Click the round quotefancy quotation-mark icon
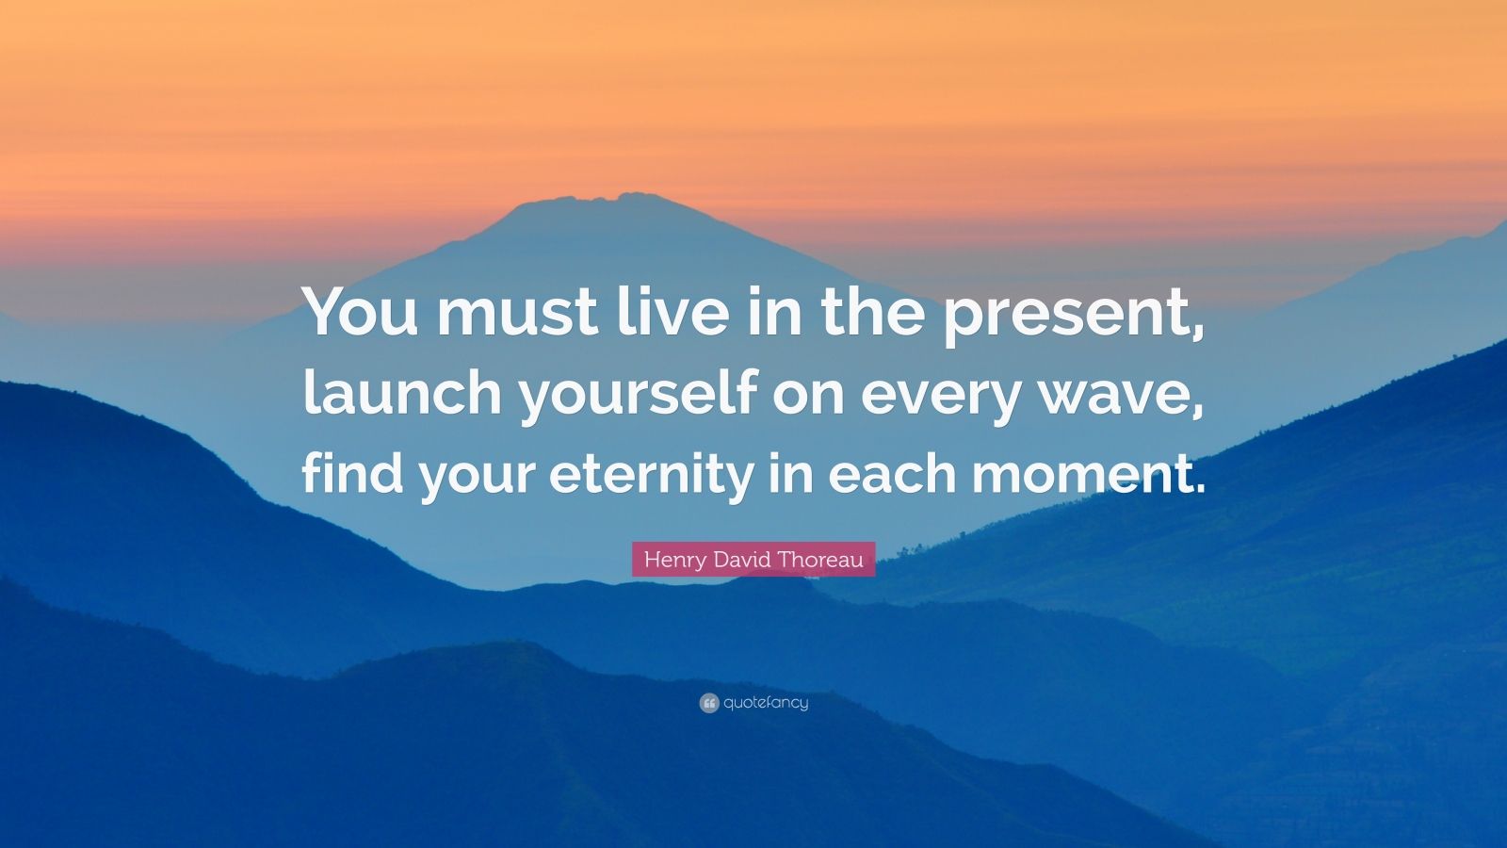[709, 703]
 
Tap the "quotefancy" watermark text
[766, 703]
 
